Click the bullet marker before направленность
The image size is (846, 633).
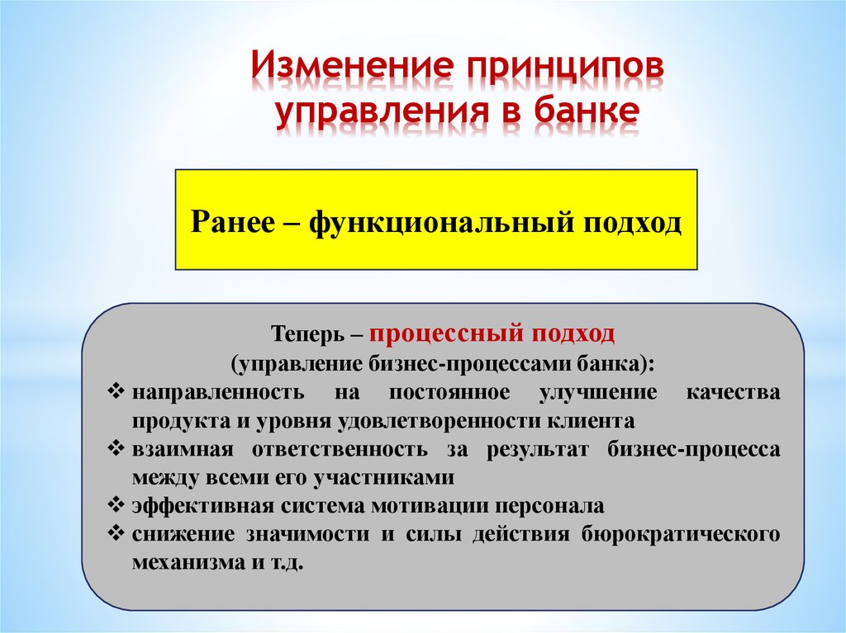click(116, 391)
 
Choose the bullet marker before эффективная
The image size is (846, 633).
click(116, 504)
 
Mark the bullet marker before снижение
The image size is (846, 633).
click(116, 533)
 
